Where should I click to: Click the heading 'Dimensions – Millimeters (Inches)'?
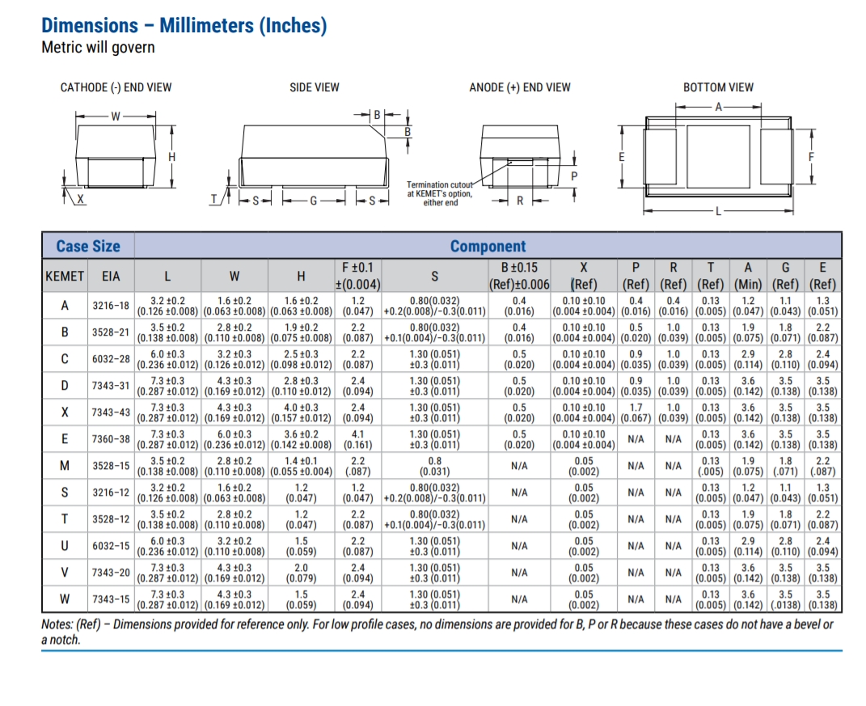coord(184,25)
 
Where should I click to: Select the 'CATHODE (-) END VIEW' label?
coord(116,87)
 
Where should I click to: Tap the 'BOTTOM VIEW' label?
coord(718,87)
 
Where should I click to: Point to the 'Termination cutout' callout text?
coord(440,184)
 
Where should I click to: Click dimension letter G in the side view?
coord(313,201)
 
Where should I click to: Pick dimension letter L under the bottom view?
coord(718,211)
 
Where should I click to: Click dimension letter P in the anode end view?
coord(574,176)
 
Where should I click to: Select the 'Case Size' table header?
coord(88,246)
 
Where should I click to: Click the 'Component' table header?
coord(488,246)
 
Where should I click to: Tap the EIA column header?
coord(111,277)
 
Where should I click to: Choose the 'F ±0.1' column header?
coord(357,268)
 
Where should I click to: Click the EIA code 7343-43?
coord(111,412)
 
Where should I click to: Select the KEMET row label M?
coord(65,466)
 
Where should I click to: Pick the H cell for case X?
coord(301,412)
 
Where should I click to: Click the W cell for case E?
coord(234,439)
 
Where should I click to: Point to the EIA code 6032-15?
coord(111,546)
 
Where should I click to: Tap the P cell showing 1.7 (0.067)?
coord(636,412)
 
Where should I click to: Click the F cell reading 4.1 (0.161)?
coord(357,439)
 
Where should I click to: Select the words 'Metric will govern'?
coord(99,48)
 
